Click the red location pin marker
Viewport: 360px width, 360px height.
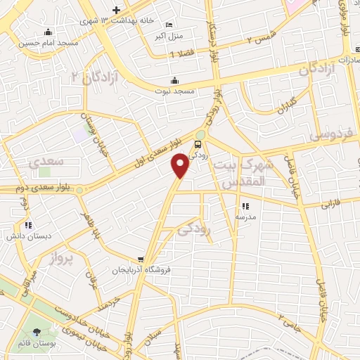pos(181,165)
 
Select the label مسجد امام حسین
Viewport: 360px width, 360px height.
pos(48,42)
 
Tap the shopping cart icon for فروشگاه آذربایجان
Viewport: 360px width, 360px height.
pos(142,259)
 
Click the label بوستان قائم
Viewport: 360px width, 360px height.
pos(37,344)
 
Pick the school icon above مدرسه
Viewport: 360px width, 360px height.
pos(245,206)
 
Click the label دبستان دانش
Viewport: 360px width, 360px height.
pos(27,236)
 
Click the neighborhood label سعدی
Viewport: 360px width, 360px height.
pos(46,161)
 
